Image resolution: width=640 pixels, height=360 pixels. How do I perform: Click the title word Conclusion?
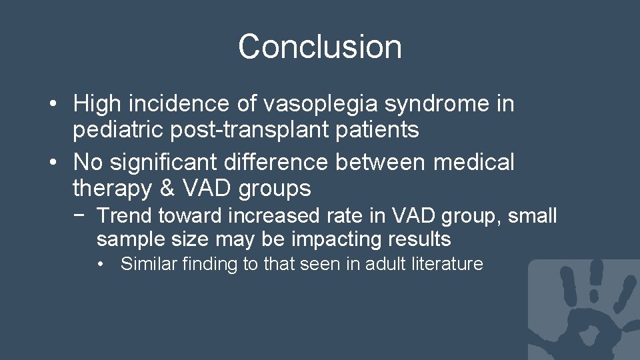(x=320, y=47)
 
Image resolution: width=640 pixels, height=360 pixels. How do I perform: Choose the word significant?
(x=162, y=161)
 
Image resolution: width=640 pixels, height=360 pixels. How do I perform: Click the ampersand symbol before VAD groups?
(x=167, y=189)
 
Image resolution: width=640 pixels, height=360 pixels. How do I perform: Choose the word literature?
(x=449, y=264)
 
